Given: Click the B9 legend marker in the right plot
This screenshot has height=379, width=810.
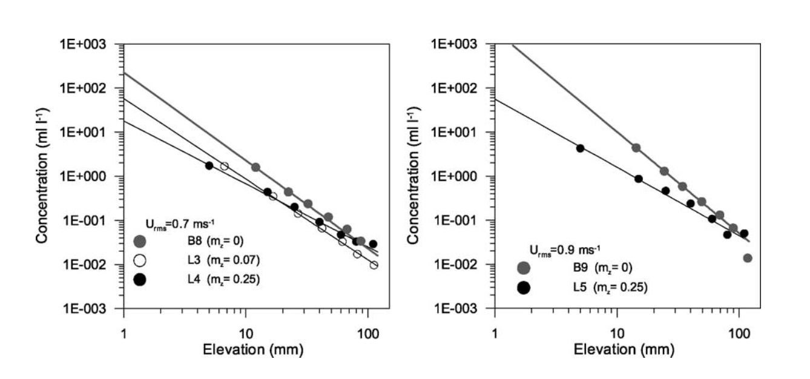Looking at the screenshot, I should click(523, 268).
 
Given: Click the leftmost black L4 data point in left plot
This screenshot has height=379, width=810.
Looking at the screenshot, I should click(209, 165).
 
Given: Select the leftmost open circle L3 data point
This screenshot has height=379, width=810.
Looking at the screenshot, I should click(225, 166).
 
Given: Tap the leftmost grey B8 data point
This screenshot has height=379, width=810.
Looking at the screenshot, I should click(255, 167).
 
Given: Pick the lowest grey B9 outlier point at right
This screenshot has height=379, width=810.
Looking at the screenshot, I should click(748, 258).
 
